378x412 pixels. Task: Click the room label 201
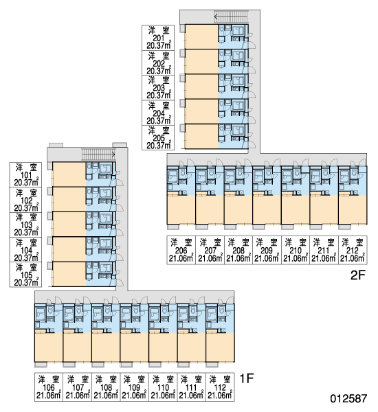(x=158, y=38)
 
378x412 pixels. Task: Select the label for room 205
(x=158, y=137)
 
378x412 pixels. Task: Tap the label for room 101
(x=25, y=174)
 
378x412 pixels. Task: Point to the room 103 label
(x=25, y=225)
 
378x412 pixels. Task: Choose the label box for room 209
(x=267, y=250)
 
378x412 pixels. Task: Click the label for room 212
(x=353, y=250)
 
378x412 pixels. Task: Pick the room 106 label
(x=49, y=387)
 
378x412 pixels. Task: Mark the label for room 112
(x=220, y=387)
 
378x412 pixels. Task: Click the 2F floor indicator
(x=358, y=275)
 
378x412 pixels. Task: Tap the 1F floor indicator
(x=247, y=378)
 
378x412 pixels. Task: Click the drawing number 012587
(x=348, y=398)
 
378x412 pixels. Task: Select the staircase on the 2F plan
(x=231, y=16)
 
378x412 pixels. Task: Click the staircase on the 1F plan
(x=98, y=154)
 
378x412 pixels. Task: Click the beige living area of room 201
(x=202, y=36)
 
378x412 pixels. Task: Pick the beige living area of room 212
(x=353, y=209)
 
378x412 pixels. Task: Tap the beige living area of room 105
(x=69, y=274)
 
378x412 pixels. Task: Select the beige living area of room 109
(x=134, y=347)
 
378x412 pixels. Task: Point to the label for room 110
(x=163, y=387)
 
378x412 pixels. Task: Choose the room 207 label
(x=210, y=250)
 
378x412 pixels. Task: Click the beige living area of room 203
(x=202, y=87)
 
